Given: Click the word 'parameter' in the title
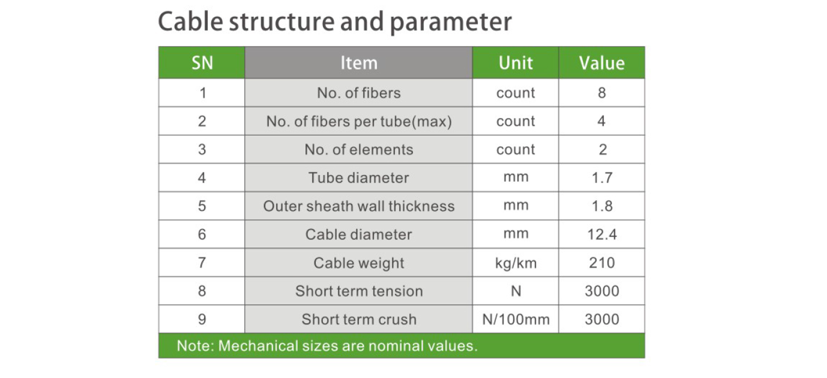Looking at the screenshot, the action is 451,22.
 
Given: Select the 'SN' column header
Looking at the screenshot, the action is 202,63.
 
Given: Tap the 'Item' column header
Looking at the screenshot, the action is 359,63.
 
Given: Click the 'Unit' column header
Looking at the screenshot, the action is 516,63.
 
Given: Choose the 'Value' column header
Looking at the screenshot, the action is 602,63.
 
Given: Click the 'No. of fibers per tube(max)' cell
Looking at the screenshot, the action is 359,121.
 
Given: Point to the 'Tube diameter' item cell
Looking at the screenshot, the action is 359,178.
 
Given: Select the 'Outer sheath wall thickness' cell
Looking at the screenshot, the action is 359,206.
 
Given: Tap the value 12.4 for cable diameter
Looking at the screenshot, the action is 602,234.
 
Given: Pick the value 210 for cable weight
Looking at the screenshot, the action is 602,263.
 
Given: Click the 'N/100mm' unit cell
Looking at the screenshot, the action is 516,319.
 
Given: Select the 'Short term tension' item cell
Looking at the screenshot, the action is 359,291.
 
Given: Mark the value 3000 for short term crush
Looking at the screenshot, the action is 602,319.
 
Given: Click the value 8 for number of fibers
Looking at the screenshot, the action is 602,93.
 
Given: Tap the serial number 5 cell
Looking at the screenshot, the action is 202,206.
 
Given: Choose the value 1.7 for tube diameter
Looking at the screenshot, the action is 602,178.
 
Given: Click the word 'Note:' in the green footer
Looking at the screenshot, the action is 195,346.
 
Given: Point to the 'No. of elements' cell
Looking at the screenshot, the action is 359,150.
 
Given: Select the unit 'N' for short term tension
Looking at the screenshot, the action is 516,291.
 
